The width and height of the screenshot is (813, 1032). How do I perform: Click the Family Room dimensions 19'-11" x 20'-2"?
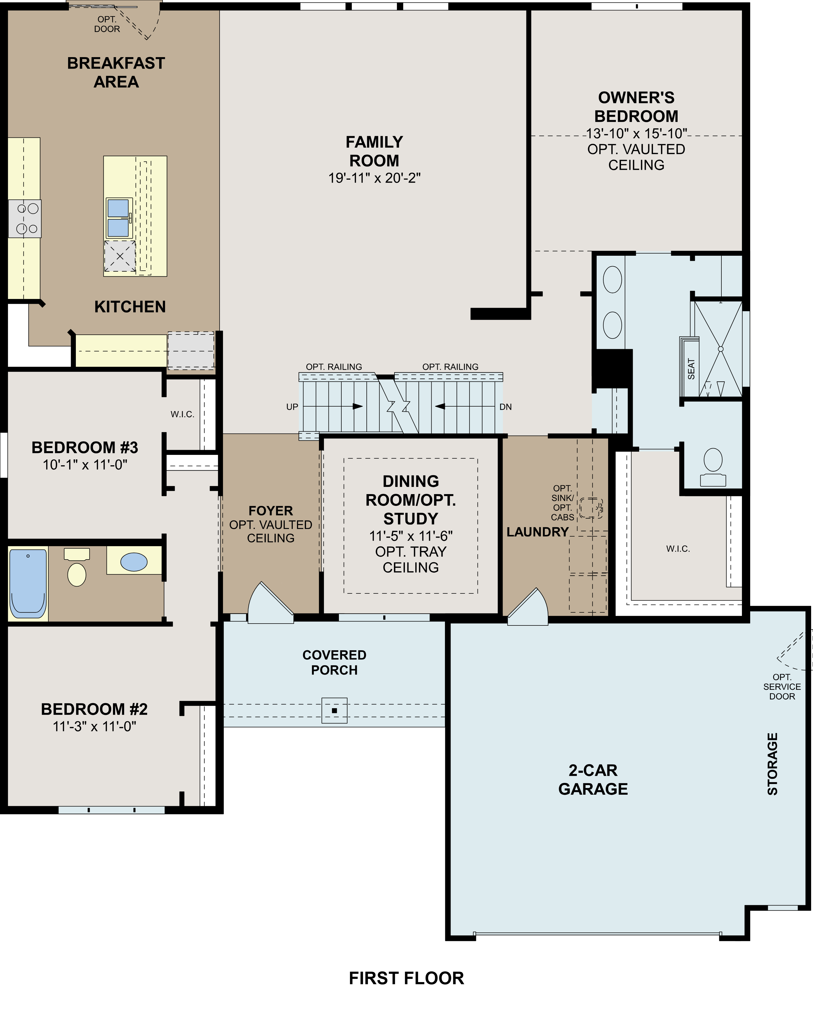point(374,178)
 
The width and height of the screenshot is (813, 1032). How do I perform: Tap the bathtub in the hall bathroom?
point(28,583)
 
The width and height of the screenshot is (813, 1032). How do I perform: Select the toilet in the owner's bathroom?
point(713,466)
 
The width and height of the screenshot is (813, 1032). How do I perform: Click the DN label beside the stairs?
point(506,407)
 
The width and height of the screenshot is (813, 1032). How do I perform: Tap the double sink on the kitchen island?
point(118,218)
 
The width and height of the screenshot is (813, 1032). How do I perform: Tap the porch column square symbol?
point(335,710)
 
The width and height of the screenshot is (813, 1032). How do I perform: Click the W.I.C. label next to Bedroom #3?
point(182,414)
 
